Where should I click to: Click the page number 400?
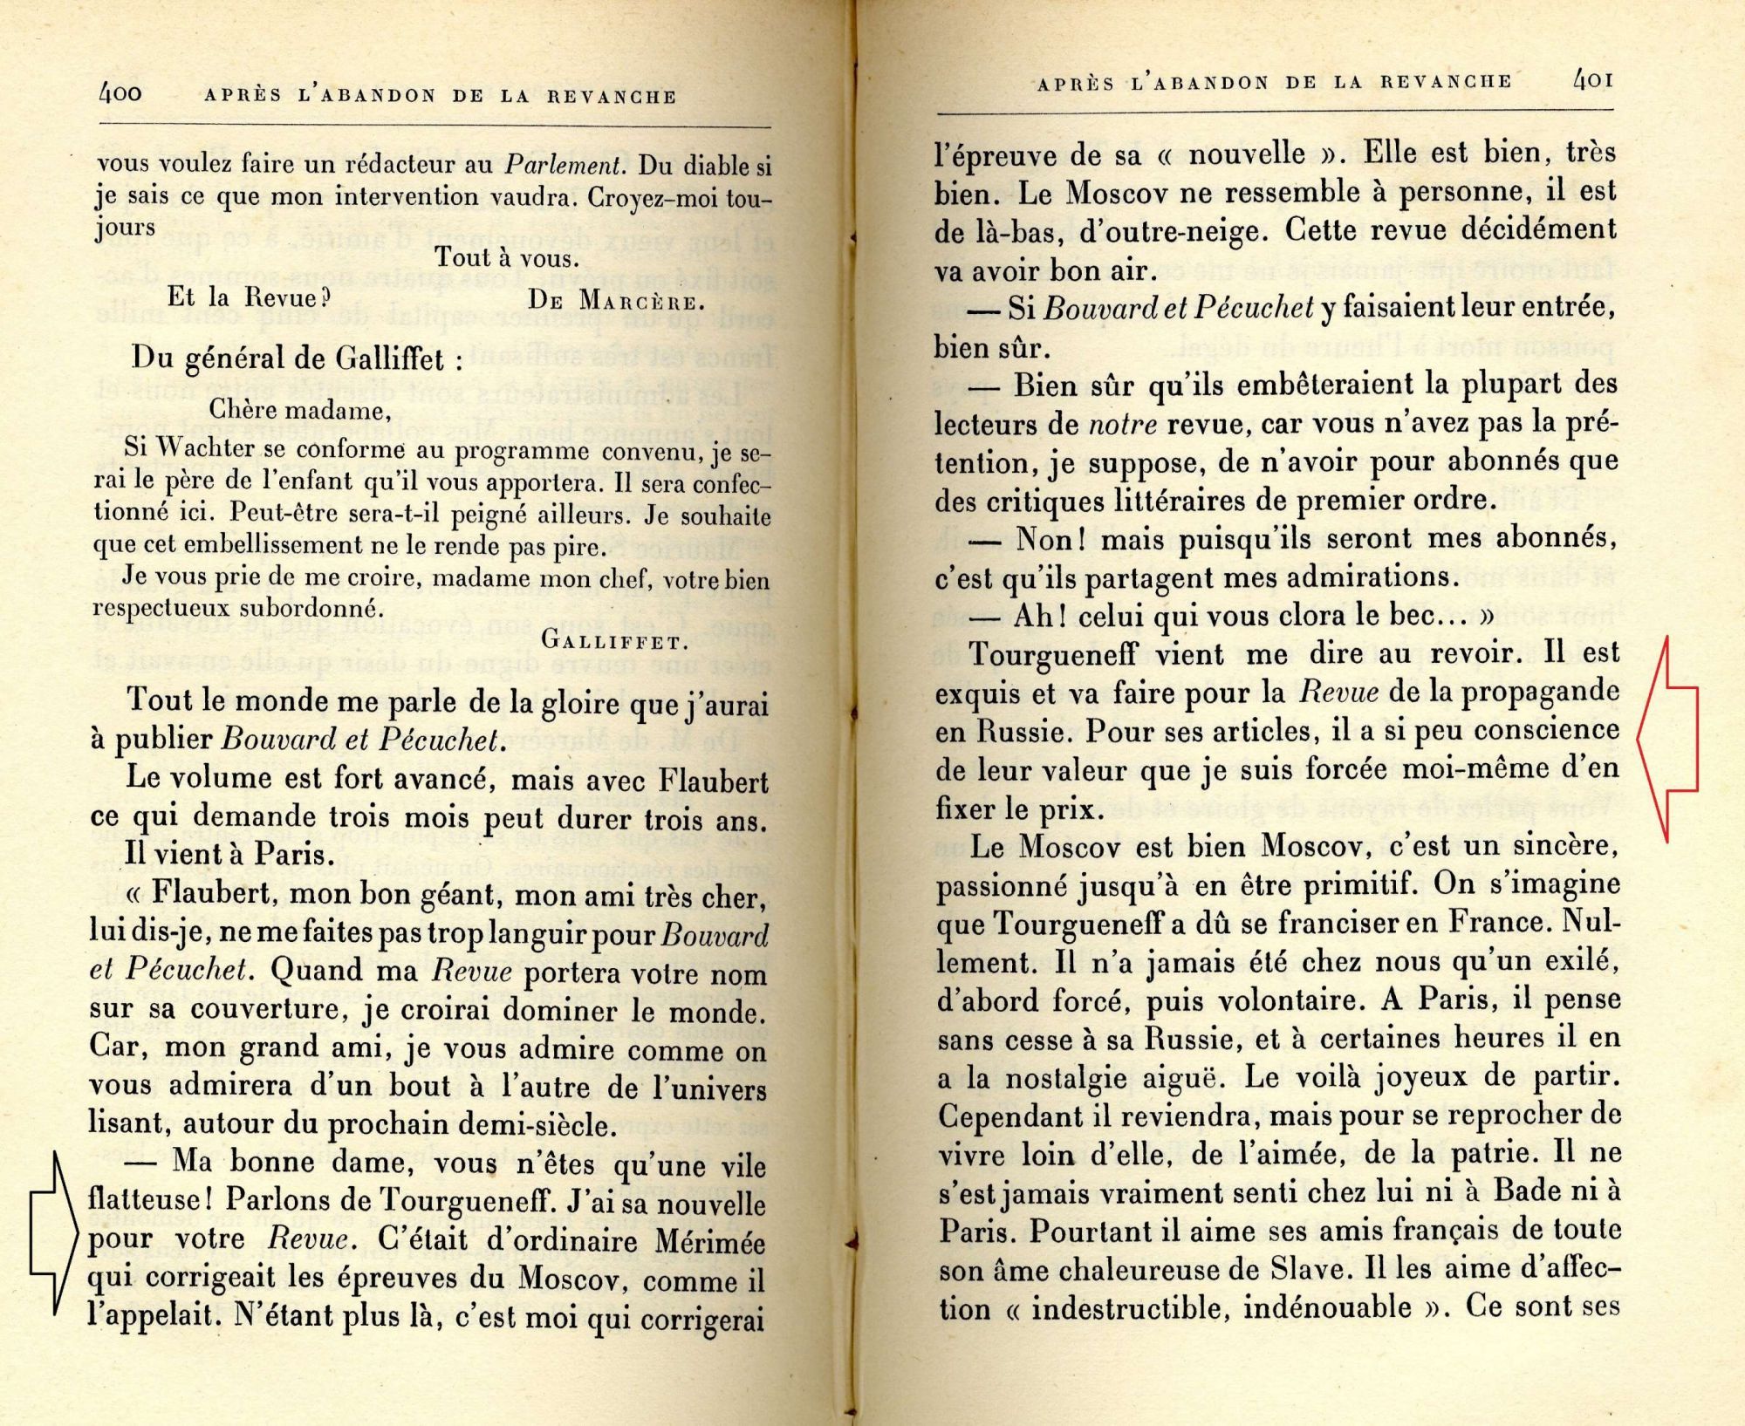click(120, 92)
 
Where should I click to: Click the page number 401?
click(1592, 81)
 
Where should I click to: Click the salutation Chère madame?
click(299, 410)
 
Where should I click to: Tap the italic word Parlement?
click(565, 165)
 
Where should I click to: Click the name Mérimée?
click(708, 1242)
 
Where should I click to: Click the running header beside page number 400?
click(440, 96)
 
